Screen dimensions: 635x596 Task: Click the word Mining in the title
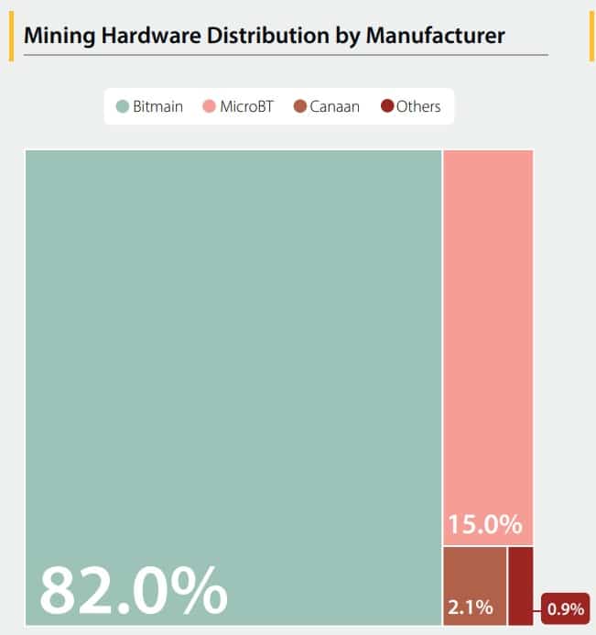pos(58,37)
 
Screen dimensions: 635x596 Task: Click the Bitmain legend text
pos(157,106)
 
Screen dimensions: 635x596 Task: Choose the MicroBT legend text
pos(246,106)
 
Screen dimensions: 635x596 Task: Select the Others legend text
pos(418,106)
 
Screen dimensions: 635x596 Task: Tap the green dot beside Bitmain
pos(123,106)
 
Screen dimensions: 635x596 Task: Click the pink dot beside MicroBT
pos(209,106)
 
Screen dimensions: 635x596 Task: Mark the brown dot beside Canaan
pos(299,106)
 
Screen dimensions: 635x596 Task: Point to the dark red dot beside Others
pos(386,106)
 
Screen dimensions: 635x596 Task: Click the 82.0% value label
pos(133,591)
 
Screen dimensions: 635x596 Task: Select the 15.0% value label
pos(484,526)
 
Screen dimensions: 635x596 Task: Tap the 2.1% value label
pos(470,607)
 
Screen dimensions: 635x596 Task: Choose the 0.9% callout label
pos(565,608)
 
